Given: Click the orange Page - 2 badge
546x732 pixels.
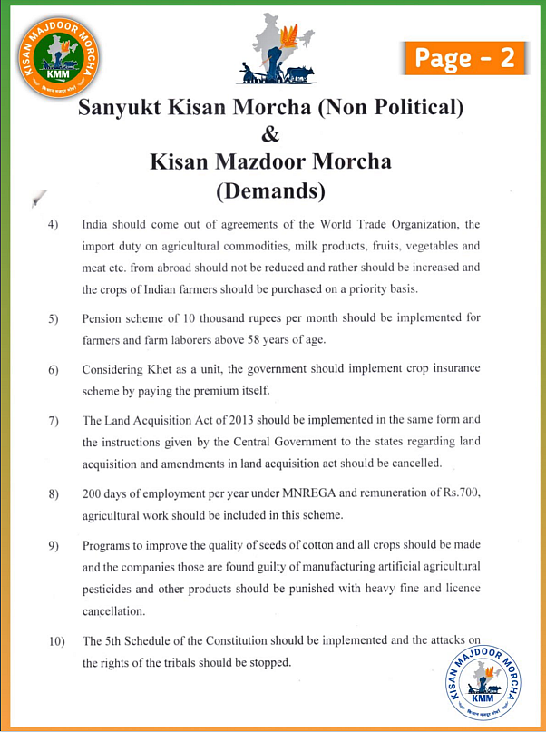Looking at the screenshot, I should (464, 57).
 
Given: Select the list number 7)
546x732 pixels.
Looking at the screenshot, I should (53, 421).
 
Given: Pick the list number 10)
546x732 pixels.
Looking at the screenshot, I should (55, 642).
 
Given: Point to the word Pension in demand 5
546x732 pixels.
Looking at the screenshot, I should (103, 318).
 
